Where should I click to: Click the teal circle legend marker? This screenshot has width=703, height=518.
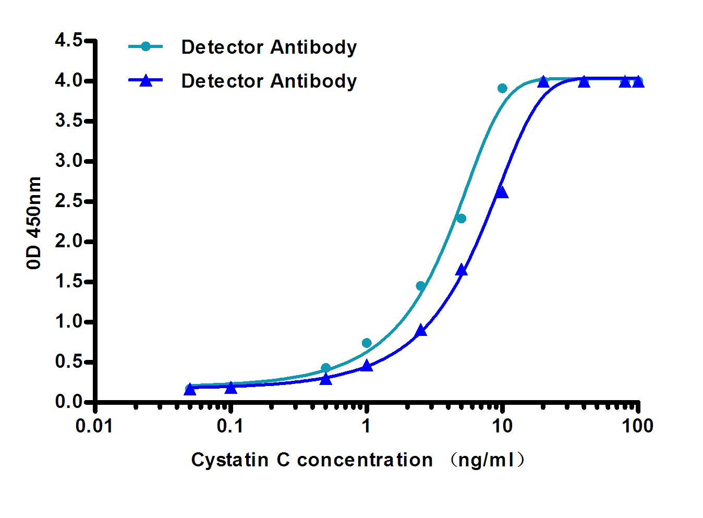pos(146,47)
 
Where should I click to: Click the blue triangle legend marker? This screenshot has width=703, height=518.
pos(146,80)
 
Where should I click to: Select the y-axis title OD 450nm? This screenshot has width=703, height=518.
pos(34,223)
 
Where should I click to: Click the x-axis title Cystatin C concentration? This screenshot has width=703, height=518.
pos(312,460)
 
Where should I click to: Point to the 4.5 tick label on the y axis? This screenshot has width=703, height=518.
pos(69,40)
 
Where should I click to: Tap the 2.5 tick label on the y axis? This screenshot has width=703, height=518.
pos(69,201)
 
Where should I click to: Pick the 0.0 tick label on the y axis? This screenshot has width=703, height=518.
pos(69,402)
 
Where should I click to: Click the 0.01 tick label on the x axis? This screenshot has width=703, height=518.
pos(94,426)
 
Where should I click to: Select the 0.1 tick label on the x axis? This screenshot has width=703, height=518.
pos(230,426)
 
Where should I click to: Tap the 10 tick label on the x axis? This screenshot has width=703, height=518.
pos(502,426)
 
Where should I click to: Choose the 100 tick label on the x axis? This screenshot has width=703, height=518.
pos(637,426)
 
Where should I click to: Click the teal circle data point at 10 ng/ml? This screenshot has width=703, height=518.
pos(502,88)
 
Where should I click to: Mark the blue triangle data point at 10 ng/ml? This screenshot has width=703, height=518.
pos(502,192)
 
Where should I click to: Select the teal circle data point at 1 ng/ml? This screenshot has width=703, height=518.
pos(367,343)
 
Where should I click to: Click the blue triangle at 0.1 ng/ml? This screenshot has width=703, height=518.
pos(231,388)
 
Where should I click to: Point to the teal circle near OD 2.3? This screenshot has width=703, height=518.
pos(461,219)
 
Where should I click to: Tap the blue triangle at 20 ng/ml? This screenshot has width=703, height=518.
pos(543,82)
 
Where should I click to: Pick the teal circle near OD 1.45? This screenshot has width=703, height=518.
pos(421,286)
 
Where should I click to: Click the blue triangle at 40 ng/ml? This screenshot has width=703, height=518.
pos(584,82)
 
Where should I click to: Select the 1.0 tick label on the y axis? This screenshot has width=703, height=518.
pos(69,322)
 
